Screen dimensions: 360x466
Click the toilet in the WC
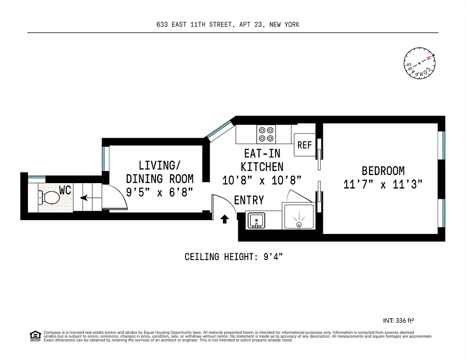click(49, 197)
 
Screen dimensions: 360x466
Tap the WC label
click(65, 190)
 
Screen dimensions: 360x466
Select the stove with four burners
click(266, 134)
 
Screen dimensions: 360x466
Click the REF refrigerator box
click(304, 145)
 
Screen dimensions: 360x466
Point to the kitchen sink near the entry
click(257, 220)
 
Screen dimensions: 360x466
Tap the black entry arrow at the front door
click(224, 219)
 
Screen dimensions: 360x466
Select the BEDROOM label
click(383, 171)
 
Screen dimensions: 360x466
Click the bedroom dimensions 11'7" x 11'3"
click(383, 185)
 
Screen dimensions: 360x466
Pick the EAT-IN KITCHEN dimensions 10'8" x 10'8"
click(262, 180)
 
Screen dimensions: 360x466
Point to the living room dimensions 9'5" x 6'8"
click(159, 192)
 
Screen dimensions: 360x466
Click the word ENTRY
click(249, 200)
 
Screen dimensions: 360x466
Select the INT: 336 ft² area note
click(398, 321)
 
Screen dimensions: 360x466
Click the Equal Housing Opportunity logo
click(35, 335)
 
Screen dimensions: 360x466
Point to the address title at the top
click(228, 25)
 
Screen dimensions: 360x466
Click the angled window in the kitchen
click(219, 129)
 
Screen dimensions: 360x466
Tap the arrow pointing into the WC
click(90, 197)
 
